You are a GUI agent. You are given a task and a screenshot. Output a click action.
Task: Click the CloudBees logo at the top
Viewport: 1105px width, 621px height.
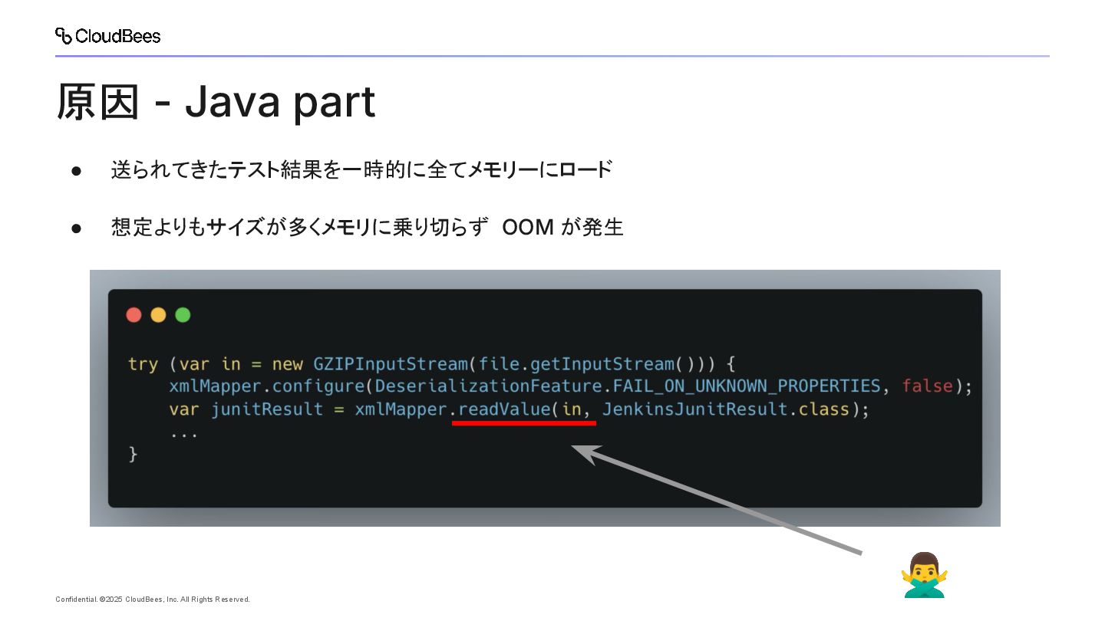click(x=107, y=36)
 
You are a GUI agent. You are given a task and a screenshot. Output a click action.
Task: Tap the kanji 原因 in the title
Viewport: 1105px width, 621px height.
click(x=98, y=102)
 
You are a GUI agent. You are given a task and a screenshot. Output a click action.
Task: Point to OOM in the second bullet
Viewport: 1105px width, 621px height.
click(x=528, y=228)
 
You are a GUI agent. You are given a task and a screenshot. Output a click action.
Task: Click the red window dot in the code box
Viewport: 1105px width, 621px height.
click(x=134, y=315)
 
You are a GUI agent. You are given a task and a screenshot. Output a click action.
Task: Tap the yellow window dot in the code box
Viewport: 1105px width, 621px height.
click(x=159, y=315)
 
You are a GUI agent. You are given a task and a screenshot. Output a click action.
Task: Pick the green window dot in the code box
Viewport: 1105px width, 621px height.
click(x=183, y=315)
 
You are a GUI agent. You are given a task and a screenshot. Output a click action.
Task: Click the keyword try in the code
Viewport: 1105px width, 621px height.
click(x=143, y=363)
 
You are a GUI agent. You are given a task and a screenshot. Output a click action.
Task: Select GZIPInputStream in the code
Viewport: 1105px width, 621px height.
click(x=391, y=363)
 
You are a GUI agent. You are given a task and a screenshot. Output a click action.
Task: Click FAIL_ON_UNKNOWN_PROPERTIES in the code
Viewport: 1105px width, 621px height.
click(x=746, y=386)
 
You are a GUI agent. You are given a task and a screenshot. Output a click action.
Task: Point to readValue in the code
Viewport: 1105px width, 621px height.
click(x=503, y=409)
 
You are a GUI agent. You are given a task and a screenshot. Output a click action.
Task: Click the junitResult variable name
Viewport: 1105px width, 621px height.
click(x=266, y=409)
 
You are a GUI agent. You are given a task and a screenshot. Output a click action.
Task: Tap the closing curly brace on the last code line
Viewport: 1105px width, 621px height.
click(x=133, y=454)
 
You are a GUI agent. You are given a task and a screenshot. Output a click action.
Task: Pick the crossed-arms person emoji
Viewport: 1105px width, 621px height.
click(x=924, y=574)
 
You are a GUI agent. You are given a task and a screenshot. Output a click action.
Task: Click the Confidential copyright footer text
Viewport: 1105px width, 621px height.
click(x=153, y=600)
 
